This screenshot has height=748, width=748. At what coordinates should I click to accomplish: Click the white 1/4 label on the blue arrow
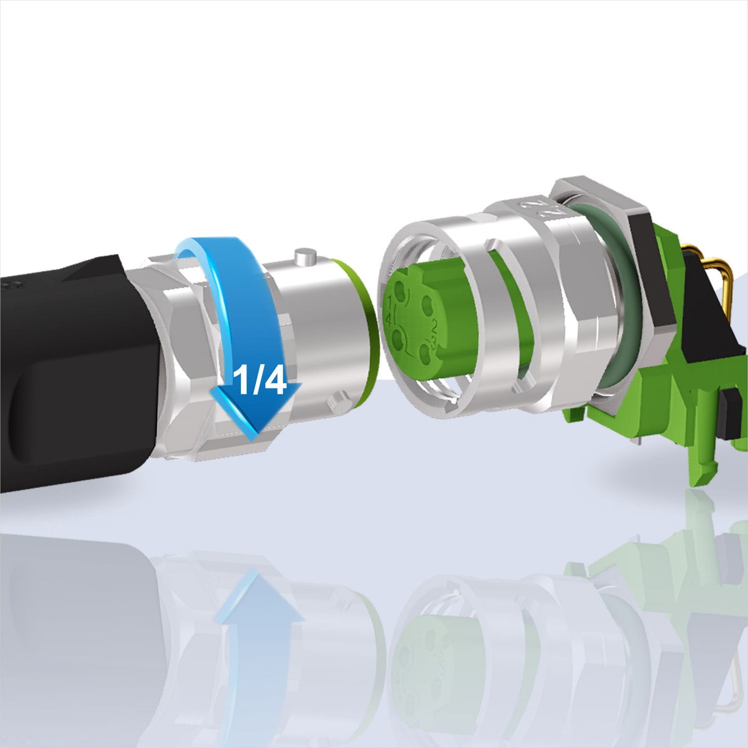point(259,380)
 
